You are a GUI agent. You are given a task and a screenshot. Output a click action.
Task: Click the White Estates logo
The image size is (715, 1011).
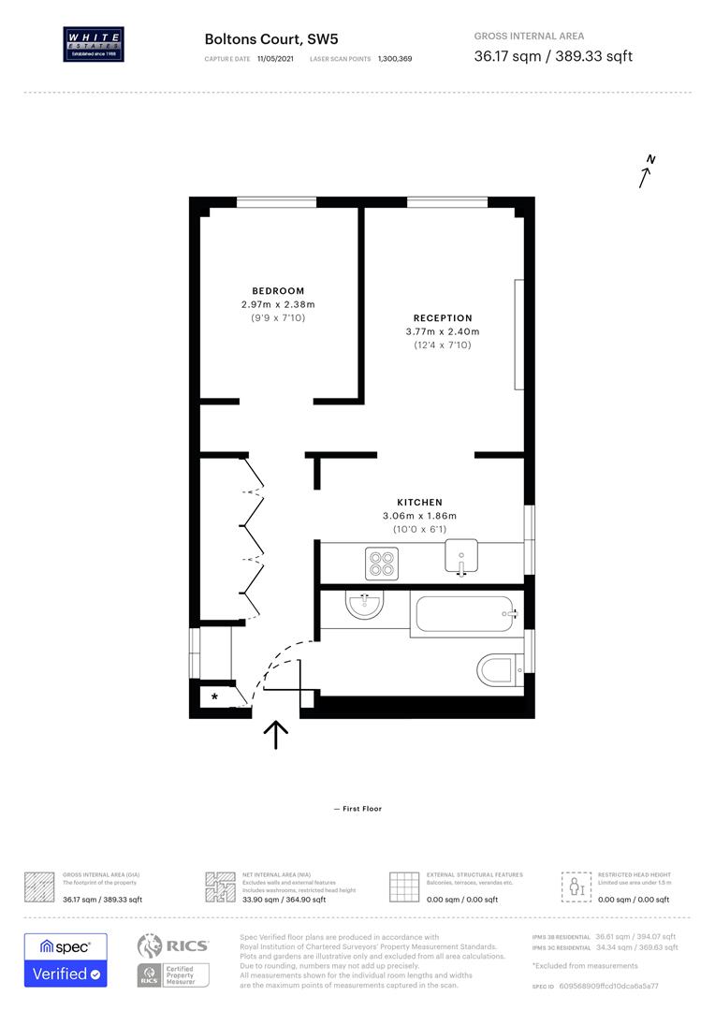coord(92,44)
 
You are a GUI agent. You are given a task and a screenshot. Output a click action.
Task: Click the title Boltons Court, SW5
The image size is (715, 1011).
coord(258,39)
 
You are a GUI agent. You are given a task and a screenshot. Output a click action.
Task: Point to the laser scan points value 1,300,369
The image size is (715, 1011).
coord(395,58)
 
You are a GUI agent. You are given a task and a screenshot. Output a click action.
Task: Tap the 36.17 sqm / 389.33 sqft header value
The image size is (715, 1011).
coord(553,56)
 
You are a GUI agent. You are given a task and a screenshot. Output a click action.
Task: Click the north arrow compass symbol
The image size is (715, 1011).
coord(646,172)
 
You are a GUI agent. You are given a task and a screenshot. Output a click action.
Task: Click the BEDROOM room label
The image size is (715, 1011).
coord(278,290)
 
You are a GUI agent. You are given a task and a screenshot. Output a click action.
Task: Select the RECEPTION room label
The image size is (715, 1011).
coord(443,318)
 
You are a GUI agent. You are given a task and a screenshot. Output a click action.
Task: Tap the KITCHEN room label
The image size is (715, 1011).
coord(419,503)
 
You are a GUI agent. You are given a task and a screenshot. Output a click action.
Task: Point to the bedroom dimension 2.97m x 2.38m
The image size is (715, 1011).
coord(278,304)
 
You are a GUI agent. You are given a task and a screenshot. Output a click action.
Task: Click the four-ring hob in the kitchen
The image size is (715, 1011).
coord(381,562)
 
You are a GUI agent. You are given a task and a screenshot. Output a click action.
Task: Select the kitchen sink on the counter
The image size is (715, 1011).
coord(461,558)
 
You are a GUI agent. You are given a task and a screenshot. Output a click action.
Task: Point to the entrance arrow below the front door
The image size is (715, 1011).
coord(276,735)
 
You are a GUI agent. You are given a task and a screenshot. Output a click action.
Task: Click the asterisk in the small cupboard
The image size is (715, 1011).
coord(215,697)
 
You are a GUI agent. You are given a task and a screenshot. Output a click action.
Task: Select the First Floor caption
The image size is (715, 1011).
coord(357,809)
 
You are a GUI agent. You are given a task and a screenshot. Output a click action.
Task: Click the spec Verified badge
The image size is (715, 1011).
coord(66,960)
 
